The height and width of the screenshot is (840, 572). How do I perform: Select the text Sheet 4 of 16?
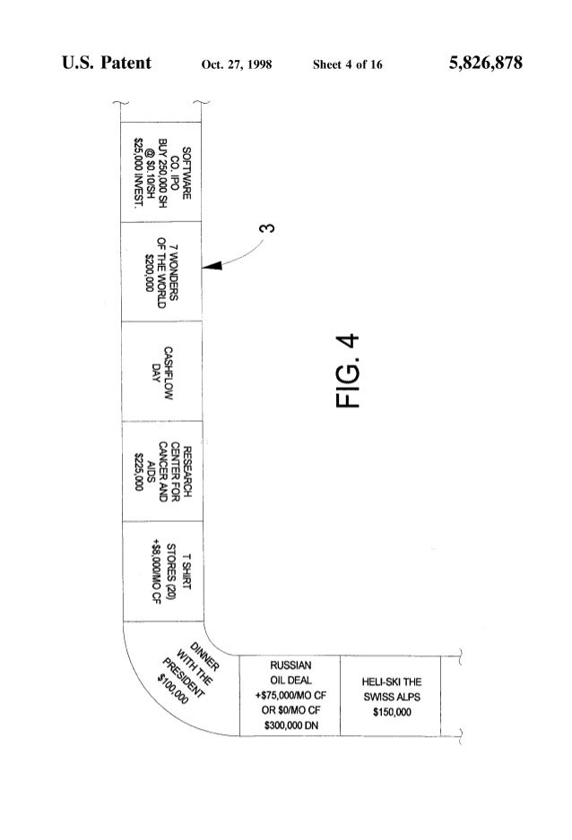(x=348, y=65)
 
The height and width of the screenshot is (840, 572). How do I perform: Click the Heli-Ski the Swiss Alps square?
(x=391, y=695)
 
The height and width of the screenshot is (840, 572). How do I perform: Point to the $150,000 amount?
(x=391, y=712)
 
